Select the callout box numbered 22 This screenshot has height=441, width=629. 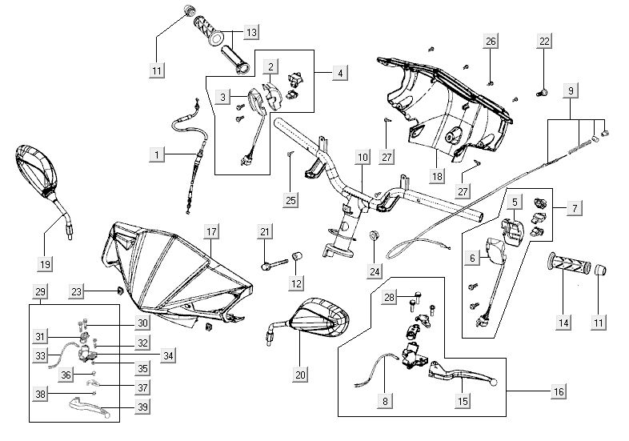(544, 41)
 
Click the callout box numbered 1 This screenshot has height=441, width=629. (158, 151)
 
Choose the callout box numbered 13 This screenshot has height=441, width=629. (251, 32)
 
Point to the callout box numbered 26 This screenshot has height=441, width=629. (491, 41)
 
